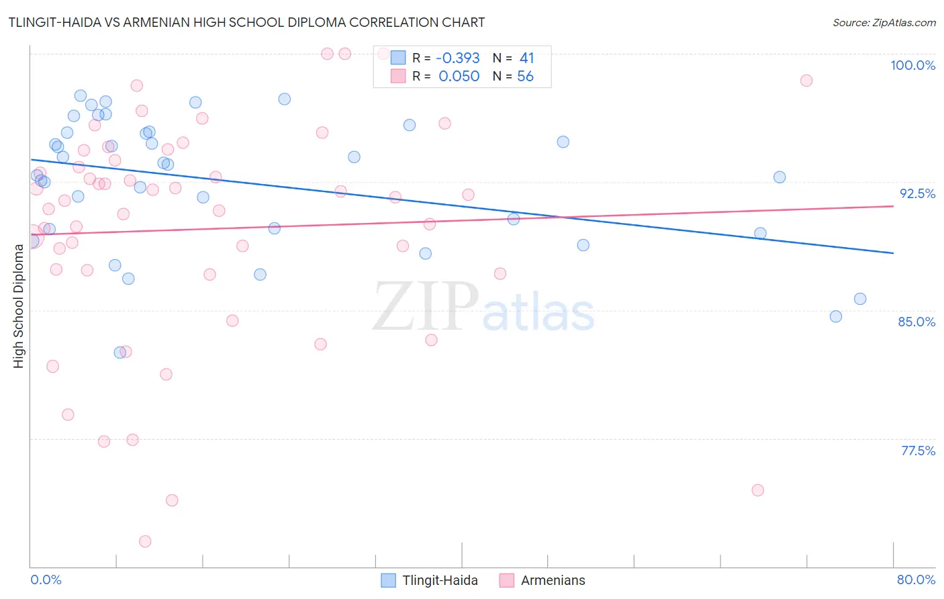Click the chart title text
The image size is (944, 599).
point(246,22)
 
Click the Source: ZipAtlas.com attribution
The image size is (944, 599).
point(884,22)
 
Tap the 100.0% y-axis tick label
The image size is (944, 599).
point(912,65)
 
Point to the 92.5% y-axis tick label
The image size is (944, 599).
point(917,193)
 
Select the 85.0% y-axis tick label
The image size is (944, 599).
point(916,322)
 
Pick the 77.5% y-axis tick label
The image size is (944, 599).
point(917,451)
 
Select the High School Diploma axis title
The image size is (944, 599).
point(19,306)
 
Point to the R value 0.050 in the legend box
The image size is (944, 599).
point(459,77)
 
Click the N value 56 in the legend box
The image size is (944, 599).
point(525,77)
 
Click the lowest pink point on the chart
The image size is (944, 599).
point(145,541)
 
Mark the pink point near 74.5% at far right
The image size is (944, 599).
point(758,490)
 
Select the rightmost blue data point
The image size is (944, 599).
point(860,299)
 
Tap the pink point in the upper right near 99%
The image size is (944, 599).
point(806,81)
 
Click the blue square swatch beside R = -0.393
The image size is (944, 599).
point(398,58)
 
